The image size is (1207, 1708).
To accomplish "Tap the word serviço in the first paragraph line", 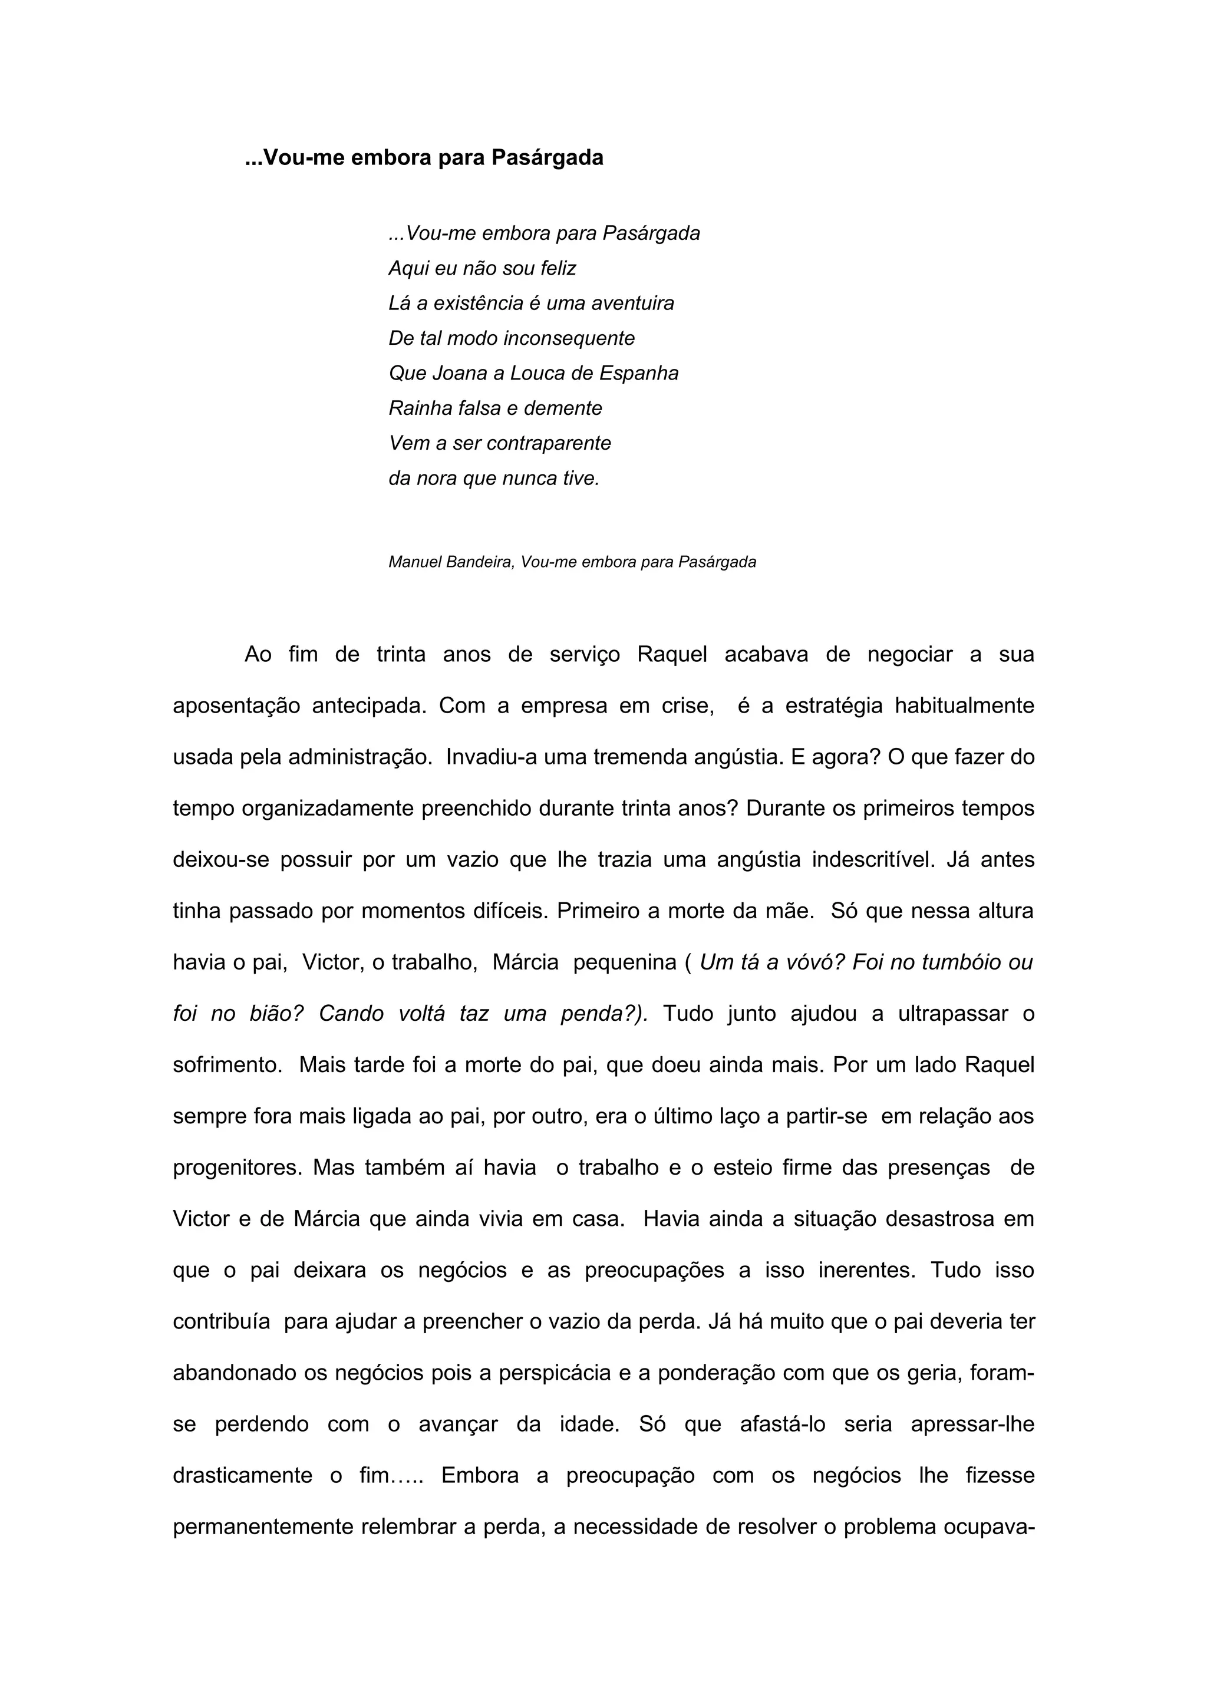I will (x=584, y=655).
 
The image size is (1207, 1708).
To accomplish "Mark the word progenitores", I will (x=236, y=1168).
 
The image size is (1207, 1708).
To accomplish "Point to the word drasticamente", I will (x=242, y=1476).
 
